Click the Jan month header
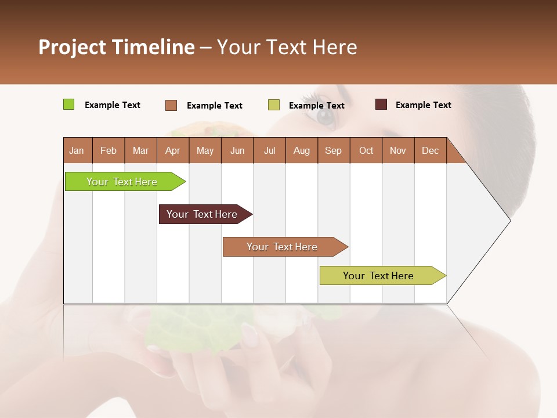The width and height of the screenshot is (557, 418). pos(77,150)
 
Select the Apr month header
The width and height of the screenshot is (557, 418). pos(172,150)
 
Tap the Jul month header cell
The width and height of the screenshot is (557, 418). pos(269,150)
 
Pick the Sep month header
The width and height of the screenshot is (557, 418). pos(333,150)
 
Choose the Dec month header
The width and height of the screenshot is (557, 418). pos(430,150)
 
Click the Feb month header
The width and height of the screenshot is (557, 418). pos(108,150)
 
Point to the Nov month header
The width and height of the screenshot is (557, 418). pos(398,150)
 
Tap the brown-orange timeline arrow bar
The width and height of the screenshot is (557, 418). pos(283,247)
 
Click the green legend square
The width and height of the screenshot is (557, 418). pos(68,105)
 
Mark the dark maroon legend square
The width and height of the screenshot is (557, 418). pos(381,105)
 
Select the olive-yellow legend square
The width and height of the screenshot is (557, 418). pos(274,105)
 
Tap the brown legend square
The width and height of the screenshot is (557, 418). pos(171,105)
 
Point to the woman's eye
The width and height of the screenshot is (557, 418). pos(325,115)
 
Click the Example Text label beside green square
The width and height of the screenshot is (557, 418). pos(113,105)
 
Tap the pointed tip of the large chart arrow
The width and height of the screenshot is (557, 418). pos(509,220)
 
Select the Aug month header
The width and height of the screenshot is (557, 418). pos(301,150)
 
